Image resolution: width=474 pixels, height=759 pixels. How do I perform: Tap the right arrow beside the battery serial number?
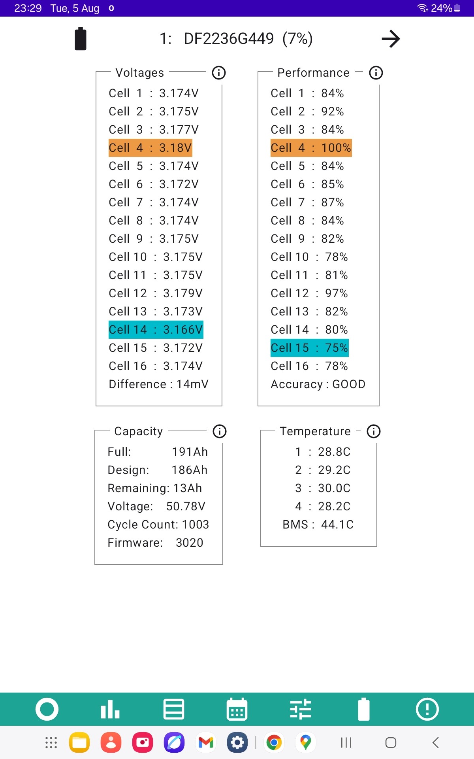[391, 39]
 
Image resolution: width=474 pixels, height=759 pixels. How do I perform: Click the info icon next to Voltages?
[219, 73]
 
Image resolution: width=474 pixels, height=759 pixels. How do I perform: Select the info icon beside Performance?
[376, 73]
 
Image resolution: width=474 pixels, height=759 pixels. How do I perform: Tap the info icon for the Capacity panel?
[220, 431]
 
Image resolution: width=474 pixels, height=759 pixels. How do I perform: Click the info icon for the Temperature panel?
[374, 431]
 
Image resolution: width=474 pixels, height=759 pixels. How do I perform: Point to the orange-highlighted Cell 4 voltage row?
[150, 148]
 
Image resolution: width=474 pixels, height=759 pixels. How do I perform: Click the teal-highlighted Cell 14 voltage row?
[156, 330]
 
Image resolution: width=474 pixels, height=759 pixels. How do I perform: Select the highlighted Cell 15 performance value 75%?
[336, 348]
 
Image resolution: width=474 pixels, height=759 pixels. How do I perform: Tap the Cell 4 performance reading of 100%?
[336, 148]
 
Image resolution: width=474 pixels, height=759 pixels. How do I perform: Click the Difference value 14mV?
[192, 384]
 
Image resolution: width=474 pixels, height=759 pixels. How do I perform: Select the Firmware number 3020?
[190, 543]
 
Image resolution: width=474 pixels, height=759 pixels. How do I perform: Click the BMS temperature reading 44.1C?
[337, 525]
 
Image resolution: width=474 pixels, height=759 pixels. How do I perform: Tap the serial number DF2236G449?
[229, 39]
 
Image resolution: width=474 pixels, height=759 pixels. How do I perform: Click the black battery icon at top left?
[81, 39]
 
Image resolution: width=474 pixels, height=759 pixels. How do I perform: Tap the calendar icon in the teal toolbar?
[237, 709]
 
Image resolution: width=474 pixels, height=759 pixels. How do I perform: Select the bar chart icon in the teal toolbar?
[110, 709]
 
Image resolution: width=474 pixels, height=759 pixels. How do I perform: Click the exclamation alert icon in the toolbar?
[427, 709]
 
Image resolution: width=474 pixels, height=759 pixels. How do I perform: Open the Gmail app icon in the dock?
[206, 743]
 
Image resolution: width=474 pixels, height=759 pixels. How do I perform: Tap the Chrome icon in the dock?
[274, 743]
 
